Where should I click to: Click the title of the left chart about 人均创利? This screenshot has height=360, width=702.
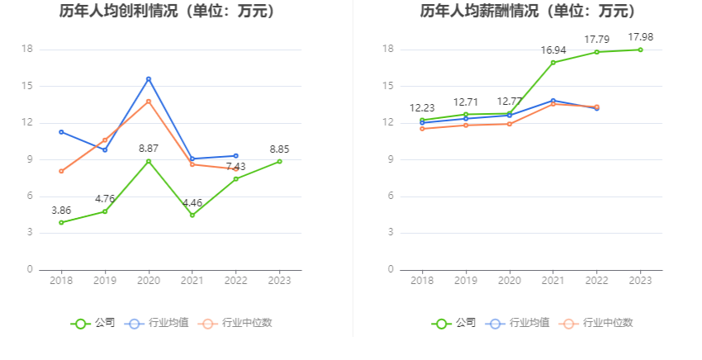pyautogui.click(x=168, y=12)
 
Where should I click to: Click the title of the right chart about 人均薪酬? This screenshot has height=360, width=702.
pyautogui.click(x=529, y=12)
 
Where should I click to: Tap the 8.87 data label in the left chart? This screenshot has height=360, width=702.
pyautogui.click(x=149, y=148)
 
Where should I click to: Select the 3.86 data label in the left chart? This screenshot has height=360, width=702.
pyautogui.click(x=61, y=210)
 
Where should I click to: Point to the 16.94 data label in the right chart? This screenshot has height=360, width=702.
pyautogui.click(x=553, y=50)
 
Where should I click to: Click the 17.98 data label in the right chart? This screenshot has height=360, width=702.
pyautogui.click(x=641, y=37)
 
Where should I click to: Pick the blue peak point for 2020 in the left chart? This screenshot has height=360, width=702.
pyautogui.click(x=149, y=78)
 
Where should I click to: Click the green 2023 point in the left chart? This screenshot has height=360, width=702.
pyautogui.click(x=279, y=161)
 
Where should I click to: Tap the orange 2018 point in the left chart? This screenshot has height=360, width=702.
pyautogui.click(x=61, y=171)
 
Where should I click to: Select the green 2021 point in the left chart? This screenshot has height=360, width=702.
pyautogui.click(x=192, y=215)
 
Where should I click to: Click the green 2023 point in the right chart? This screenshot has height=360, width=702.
pyautogui.click(x=641, y=50)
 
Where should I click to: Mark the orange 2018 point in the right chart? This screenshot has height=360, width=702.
pyautogui.click(x=423, y=129)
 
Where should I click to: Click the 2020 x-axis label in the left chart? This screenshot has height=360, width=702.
pyautogui.click(x=149, y=281)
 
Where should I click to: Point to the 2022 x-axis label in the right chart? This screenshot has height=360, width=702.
pyautogui.click(x=597, y=281)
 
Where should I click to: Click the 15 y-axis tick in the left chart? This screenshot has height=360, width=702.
pyautogui.click(x=26, y=86)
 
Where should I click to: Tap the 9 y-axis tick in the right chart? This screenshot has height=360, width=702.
pyautogui.click(x=389, y=159)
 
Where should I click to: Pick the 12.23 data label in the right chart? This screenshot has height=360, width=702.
pyautogui.click(x=422, y=108)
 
